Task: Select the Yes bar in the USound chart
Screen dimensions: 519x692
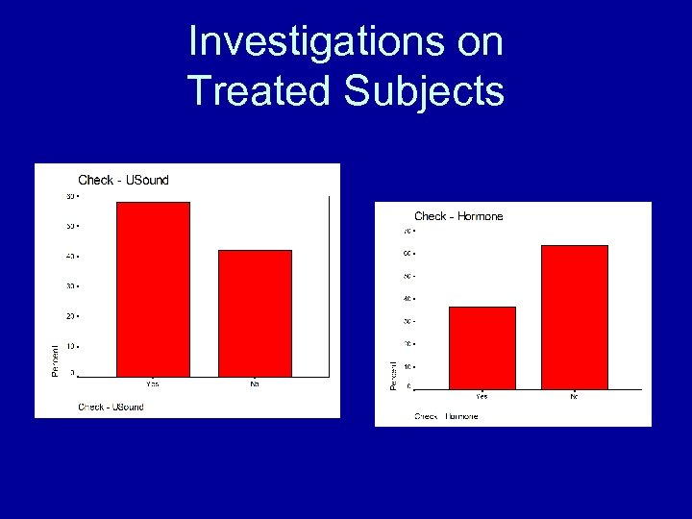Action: [x=153, y=288]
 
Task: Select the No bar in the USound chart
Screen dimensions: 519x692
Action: [x=255, y=312]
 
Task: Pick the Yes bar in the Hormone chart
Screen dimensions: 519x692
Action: [x=482, y=347]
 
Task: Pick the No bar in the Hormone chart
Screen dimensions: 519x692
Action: [x=574, y=316]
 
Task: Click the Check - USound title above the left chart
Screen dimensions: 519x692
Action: [x=123, y=180]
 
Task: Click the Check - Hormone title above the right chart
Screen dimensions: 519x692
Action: [x=458, y=216]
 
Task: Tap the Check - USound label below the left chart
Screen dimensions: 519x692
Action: [x=111, y=407]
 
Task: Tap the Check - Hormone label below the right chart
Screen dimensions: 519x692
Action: [x=446, y=416]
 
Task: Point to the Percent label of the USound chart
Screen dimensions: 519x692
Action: [x=55, y=359]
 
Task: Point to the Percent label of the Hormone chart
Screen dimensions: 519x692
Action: [x=393, y=375]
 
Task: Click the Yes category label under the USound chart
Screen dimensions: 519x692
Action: [x=153, y=383]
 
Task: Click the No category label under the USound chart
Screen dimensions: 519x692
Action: [x=255, y=383]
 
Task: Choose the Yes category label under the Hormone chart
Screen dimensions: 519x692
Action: [x=482, y=396]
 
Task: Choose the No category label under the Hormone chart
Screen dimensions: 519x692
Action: [x=574, y=396]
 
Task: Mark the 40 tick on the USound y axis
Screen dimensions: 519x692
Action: [x=70, y=257]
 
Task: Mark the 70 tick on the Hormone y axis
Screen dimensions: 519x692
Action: [x=408, y=232]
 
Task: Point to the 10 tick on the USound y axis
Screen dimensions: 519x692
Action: [x=70, y=345]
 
